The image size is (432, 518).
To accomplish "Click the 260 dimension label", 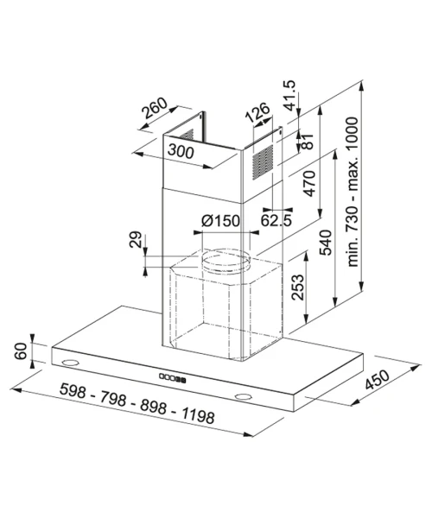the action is coord(155,108).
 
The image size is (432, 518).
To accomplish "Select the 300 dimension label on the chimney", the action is coord(181,152).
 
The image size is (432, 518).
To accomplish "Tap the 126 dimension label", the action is coord(257,112).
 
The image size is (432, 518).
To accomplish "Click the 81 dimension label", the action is coord(307,142).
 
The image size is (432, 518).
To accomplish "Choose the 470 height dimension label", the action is coord(309,183).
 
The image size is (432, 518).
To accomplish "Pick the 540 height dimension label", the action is coord(325,243).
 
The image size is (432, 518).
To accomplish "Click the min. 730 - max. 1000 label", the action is coord(353,192).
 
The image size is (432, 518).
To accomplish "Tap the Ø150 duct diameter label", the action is coord(220,221).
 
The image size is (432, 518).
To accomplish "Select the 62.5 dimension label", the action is coord(276,220).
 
